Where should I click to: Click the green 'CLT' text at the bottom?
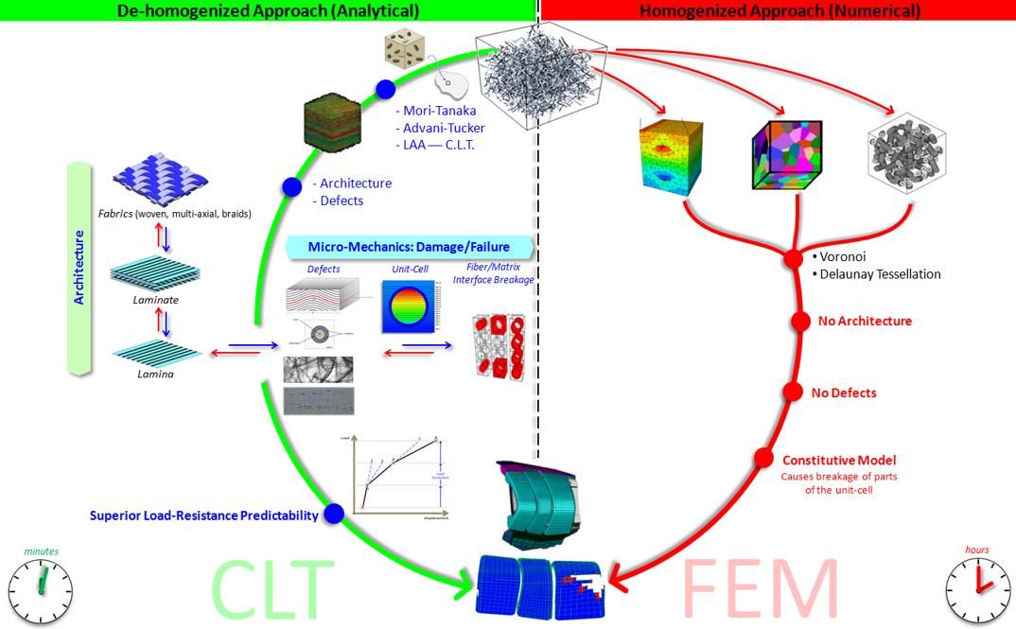coord(273,587)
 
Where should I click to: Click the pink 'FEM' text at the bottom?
coord(760,587)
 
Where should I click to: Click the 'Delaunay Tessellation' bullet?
coord(878,274)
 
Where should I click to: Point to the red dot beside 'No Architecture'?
coord(800,322)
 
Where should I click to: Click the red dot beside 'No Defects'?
coord(793,393)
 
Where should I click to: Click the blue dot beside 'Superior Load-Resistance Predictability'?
coord(333,515)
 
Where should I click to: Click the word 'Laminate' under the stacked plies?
coord(156,300)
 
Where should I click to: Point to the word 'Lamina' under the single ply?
coord(154,374)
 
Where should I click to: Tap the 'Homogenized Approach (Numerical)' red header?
coord(780,11)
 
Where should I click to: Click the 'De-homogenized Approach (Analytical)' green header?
coord(269,11)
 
